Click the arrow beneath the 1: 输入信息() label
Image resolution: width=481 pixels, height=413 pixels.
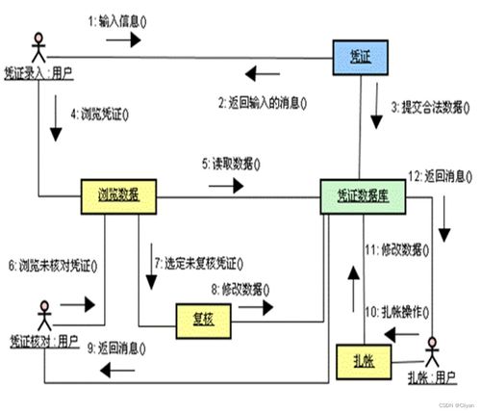pos(123,40)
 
